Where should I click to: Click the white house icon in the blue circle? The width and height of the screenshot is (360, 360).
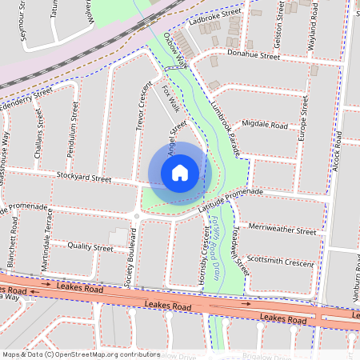click(x=180, y=173)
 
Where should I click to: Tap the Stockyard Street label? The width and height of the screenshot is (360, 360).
click(x=83, y=178)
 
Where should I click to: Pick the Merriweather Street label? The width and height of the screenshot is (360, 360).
click(x=282, y=230)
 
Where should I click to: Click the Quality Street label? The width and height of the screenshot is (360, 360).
click(x=90, y=248)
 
